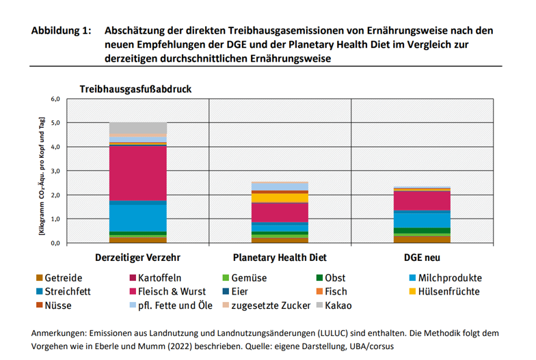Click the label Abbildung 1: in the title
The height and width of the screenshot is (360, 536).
[61, 31]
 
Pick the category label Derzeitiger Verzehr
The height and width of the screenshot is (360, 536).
[138, 258]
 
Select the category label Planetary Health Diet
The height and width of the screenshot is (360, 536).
[280, 258]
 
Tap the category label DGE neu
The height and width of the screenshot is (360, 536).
[421, 258]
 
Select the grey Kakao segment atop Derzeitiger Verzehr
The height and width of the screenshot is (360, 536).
[138, 128]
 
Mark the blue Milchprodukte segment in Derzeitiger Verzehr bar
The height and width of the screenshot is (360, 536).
[138, 218]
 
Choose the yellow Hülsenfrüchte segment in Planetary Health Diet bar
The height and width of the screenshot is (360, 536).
[280, 198]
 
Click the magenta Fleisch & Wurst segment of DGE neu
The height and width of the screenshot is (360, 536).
[421, 200]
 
